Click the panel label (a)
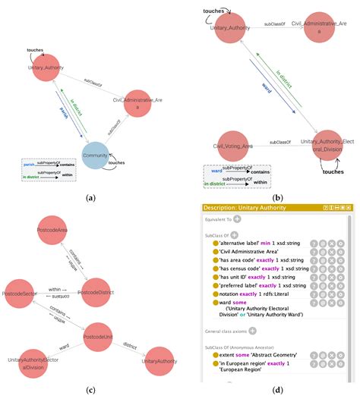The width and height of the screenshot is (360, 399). coord(90,197)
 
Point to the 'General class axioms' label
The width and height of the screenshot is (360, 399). coord(228,331)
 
